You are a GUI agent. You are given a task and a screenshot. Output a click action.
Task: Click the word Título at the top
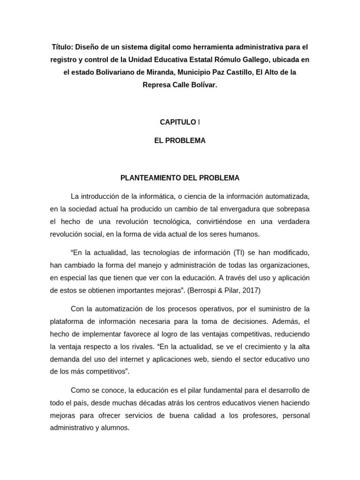pos(61,47)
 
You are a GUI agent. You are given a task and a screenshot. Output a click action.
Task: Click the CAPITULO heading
pos(178,122)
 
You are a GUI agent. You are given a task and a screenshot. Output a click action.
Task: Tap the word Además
pos(283,322)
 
